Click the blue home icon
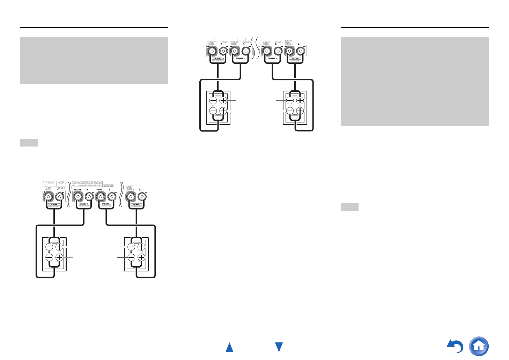pyautogui.click(x=479, y=346)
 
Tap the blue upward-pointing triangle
pyautogui.click(x=229, y=347)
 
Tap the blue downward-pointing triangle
pyautogui.click(x=279, y=347)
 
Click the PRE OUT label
pyautogui.click(x=108, y=186)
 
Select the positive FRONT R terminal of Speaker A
pyautogui.click(x=78, y=197)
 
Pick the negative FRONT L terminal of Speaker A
pyautogui.click(x=112, y=197)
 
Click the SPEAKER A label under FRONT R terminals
pyautogui.click(x=83, y=204)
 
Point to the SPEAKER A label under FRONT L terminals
pyautogui.click(x=106, y=204)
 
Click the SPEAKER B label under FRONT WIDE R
pyautogui.click(x=240, y=58)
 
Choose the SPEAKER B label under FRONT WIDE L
pyautogui.click(x=272, y=58)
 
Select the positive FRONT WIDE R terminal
pyautogui.click(x=234, y=51)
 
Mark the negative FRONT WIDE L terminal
pyautogui.click(x=278, y=51)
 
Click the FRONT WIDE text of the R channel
pyautogui.click(x=234, y=43)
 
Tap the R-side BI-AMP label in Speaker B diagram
pyautogui.click(x=218, y=59)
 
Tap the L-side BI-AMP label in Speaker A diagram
pyautogui.click(x=136, y=204)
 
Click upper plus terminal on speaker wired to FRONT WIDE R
pyautogui.click(x=223, y=101)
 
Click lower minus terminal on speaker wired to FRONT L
pyautogui.click(x=131, y=257)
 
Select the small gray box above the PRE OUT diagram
pyautogui.click(x=29, y=143)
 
